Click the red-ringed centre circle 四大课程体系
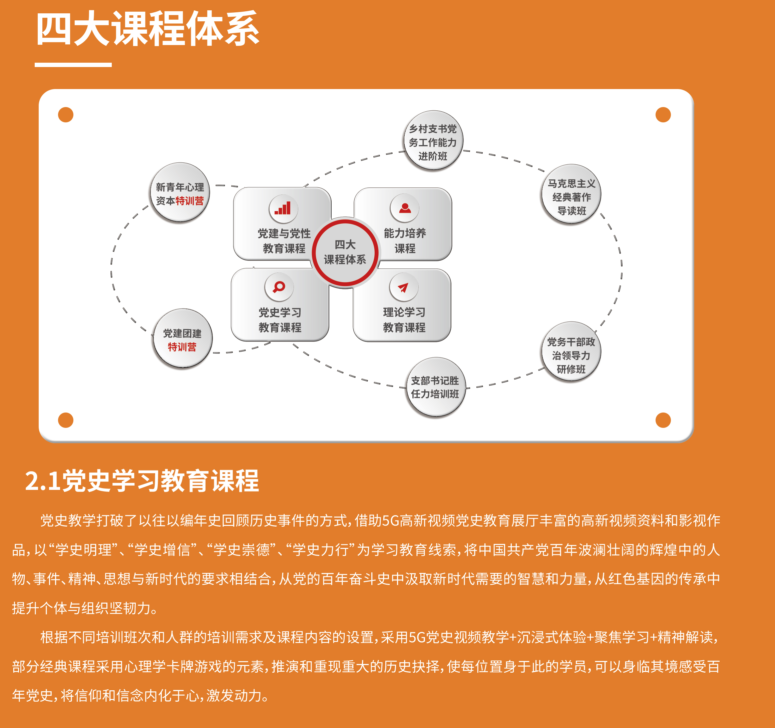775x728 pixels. (345, 252)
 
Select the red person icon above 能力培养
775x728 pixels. (405, 208)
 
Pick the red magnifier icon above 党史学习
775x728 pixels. (279, 287)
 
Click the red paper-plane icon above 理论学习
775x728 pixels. (403, 287)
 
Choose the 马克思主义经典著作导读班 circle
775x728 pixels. (571, 194)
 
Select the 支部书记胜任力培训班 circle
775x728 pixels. (435, 387)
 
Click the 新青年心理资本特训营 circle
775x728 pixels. (180, 193)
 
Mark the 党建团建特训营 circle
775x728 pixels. (182, 339)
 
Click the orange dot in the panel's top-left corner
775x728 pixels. (65, 115)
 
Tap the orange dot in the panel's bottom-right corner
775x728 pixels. (663, 420)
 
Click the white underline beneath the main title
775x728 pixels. (73, 65)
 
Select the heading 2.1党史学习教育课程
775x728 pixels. (142, 481)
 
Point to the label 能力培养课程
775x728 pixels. (405, 240)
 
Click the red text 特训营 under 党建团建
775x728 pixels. (182, 347)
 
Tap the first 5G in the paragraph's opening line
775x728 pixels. (391, 521)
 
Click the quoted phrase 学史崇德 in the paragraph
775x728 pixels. (241, 550)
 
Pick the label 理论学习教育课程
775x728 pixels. (404, 319)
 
